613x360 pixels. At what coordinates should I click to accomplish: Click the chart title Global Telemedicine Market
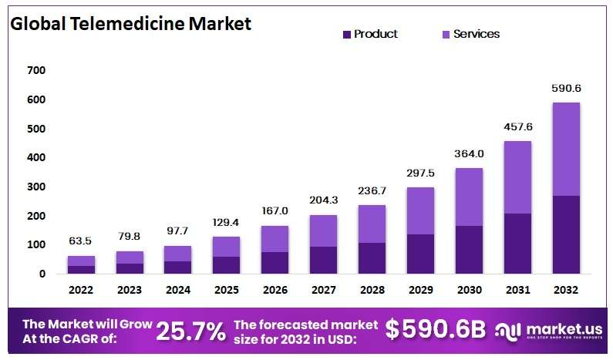[x=130, y=23]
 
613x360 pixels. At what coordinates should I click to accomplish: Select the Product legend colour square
[x=346, y=34]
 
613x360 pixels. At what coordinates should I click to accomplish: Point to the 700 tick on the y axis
[x=36, y=71]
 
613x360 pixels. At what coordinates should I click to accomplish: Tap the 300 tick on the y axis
[x=36, y=187]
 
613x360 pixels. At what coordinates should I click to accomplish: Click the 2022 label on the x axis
[x=81, y=290]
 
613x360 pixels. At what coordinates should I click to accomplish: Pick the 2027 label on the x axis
[x=323, y=290]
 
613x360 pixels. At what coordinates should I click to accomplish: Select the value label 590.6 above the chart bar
[x=566, y=89]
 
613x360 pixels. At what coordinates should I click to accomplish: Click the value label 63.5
[x=81, y=242]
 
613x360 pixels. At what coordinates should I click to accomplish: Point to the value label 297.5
[x=420, y=173]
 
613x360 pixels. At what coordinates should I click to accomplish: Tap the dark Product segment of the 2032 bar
[x=566, y=234]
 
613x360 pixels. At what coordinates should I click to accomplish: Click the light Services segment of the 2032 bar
[x=566, y=149]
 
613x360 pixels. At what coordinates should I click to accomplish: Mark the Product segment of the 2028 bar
[x=372, y=258]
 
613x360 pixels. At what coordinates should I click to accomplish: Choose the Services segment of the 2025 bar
[x=226, y=247]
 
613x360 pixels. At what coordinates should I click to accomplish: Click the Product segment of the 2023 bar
[x=130, y=268]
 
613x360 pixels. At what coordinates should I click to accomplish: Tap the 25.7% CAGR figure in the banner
[x=190, y=331]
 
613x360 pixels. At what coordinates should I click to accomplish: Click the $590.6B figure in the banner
[x=436, y=329]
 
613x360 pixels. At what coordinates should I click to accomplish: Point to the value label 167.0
[x=275, y=210]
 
